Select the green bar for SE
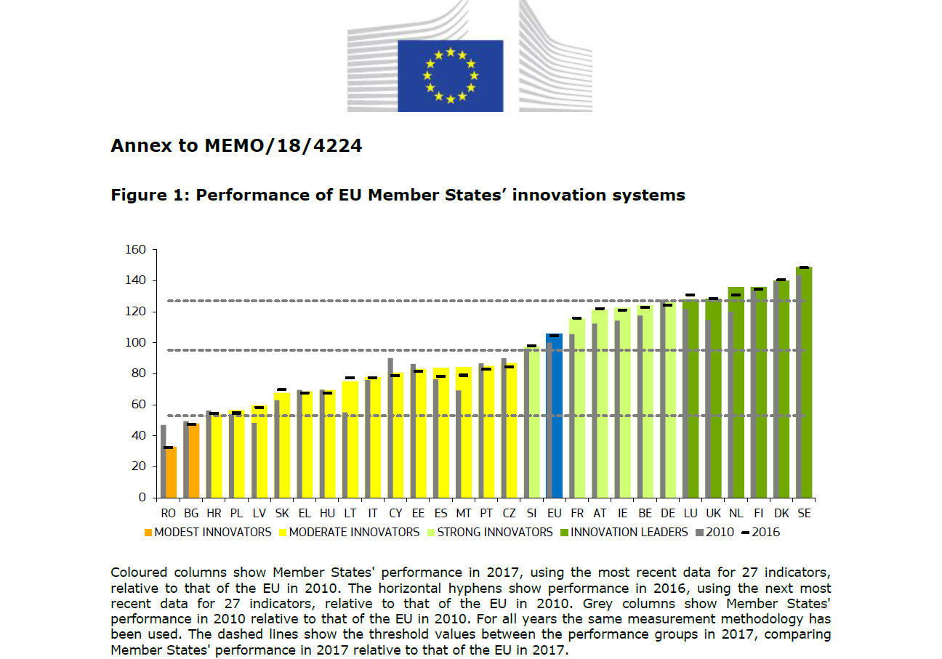pyautogui.click(x=805, y=385)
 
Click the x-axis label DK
pyautogui.click(x=781, y=513)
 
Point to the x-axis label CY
pyautogui.click(x=395, y=513)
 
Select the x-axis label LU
pyautogui.click(x=690, y=513)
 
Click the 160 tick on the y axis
pyautogui.click(x=137, y=250)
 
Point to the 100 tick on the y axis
pyautogui.click(x=137, y=343)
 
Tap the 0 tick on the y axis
pyautogui.click(x=143, y=498)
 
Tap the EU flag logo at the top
pyautogui.click(x=451, y=76)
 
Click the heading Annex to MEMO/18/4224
pyautogui.click(x=236, y=146)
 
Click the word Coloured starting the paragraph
pyautogui.click(x=139, y=573)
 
